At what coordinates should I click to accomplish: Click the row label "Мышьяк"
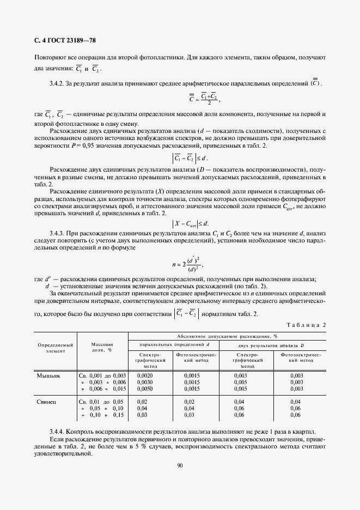[x=48, y=376]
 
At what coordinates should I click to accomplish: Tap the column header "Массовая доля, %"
[x=102, y=348]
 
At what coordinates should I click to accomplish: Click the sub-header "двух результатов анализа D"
[x=272, y=345]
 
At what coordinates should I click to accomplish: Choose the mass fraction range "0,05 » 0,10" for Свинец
[x=102, y=408]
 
